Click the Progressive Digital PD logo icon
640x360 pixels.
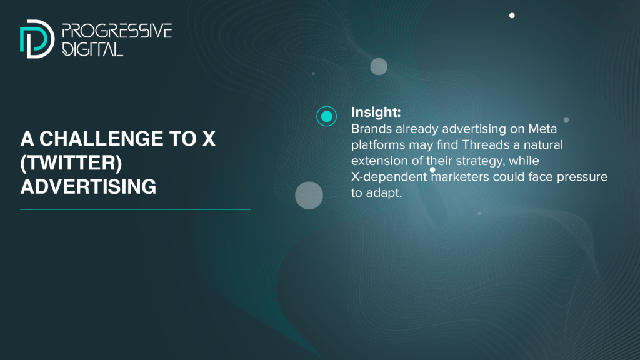37,39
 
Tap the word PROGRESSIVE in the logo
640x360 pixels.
117,31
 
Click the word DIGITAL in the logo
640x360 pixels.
92,49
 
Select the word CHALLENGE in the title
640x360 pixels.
102,139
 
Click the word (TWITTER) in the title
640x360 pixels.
71,163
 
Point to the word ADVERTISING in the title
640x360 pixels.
88,186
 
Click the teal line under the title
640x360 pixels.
136,209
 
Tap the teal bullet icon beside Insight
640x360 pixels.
326,116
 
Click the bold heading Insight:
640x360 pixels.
376,112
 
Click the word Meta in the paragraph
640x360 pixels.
542,129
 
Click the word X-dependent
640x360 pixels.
389,177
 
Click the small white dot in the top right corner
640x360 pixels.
512,16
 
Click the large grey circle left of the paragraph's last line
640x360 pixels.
309,196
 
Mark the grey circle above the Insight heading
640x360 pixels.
379,66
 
